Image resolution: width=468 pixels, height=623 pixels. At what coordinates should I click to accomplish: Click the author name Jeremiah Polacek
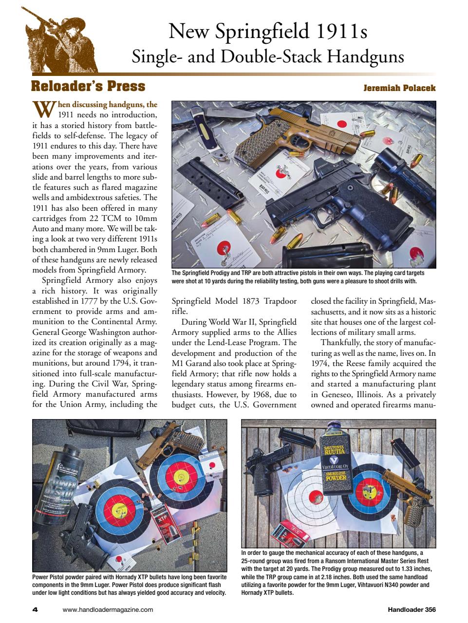click(x=399, y=88)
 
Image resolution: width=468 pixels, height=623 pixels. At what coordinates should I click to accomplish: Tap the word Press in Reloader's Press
click(x=123, y=87)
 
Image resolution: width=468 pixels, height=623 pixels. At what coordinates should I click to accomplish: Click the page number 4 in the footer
click(x=35, y=609)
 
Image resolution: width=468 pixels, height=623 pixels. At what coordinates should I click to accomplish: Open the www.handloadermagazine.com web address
click(x=108, y=609)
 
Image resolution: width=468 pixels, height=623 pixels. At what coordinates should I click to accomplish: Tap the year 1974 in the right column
click(x=321, y=363)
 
